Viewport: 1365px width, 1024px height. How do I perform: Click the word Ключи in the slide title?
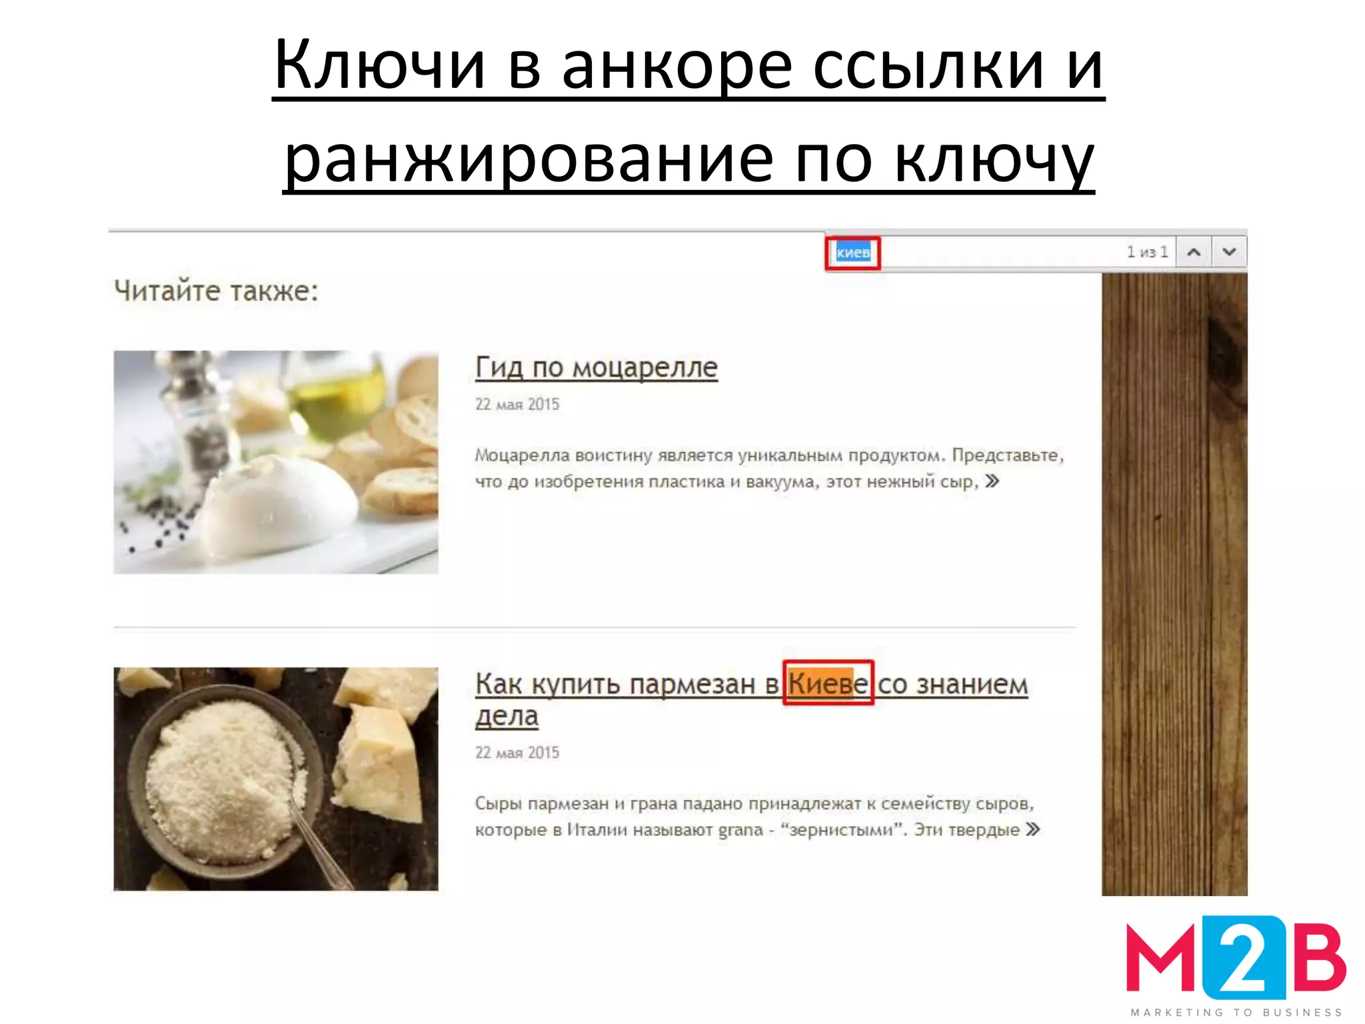379,65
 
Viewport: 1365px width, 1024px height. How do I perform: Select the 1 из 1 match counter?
1147,252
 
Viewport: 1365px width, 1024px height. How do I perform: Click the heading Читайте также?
216,291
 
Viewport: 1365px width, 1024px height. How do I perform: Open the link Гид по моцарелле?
596,367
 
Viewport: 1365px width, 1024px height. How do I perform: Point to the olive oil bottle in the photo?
337,393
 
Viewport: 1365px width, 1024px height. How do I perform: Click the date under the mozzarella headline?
517,405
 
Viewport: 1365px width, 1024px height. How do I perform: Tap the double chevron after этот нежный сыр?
992,481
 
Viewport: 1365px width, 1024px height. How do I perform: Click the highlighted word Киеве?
828,684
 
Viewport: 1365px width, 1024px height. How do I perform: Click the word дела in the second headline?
507,716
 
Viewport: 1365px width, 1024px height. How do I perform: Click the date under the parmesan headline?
517,753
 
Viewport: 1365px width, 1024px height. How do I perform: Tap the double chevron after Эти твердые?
1033,830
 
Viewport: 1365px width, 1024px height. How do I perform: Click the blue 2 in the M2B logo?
1244,957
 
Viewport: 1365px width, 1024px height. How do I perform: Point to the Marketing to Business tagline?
1236,1012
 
